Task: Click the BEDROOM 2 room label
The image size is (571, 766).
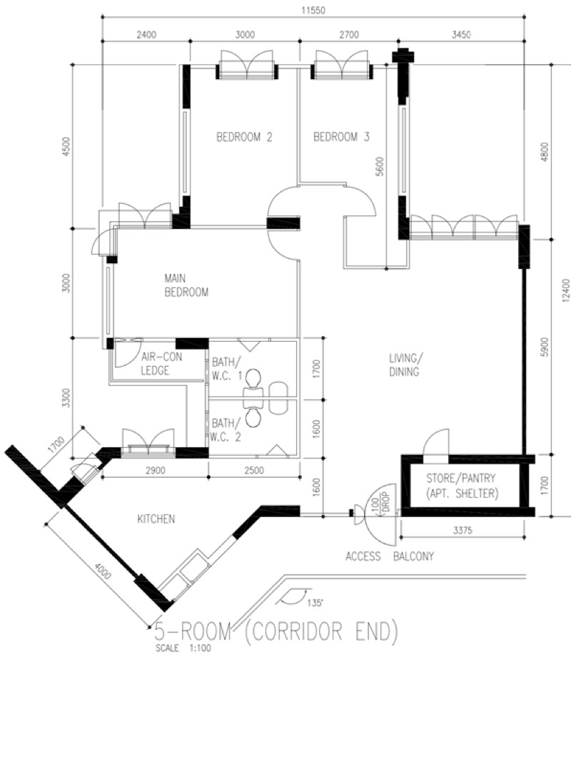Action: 245,137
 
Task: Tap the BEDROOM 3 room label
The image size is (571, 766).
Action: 341,137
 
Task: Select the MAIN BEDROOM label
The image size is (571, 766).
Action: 186,285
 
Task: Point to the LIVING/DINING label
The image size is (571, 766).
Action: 404,364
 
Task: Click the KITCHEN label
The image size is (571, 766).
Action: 156,519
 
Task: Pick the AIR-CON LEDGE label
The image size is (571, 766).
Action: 160,362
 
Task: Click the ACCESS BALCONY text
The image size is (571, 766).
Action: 390,556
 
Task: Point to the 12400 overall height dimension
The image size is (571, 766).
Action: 565,291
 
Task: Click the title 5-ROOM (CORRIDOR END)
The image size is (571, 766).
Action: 276,633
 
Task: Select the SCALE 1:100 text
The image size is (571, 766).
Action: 183,648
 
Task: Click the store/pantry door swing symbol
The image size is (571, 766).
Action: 435,442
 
